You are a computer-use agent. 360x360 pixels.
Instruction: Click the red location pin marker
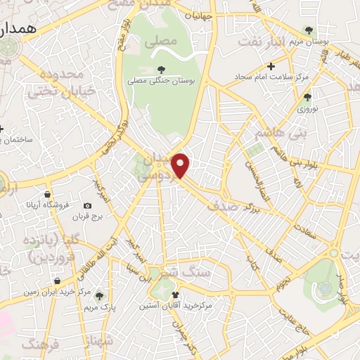click(181, 166)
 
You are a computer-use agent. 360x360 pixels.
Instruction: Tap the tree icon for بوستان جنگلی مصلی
click(161, 69)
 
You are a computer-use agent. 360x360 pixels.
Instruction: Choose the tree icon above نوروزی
click(307, 98)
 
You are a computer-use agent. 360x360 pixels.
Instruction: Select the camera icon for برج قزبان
click(87, 206)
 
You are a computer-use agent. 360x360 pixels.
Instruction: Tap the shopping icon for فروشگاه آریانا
click(47, 194)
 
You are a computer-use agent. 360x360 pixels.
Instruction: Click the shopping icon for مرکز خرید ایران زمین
click(56, 281)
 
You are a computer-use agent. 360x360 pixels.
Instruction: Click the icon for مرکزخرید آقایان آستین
click(175, 295)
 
